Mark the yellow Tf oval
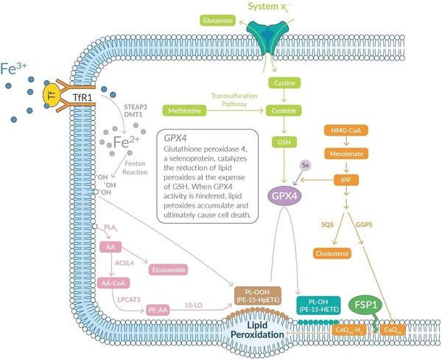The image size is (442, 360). pos(50,94)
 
